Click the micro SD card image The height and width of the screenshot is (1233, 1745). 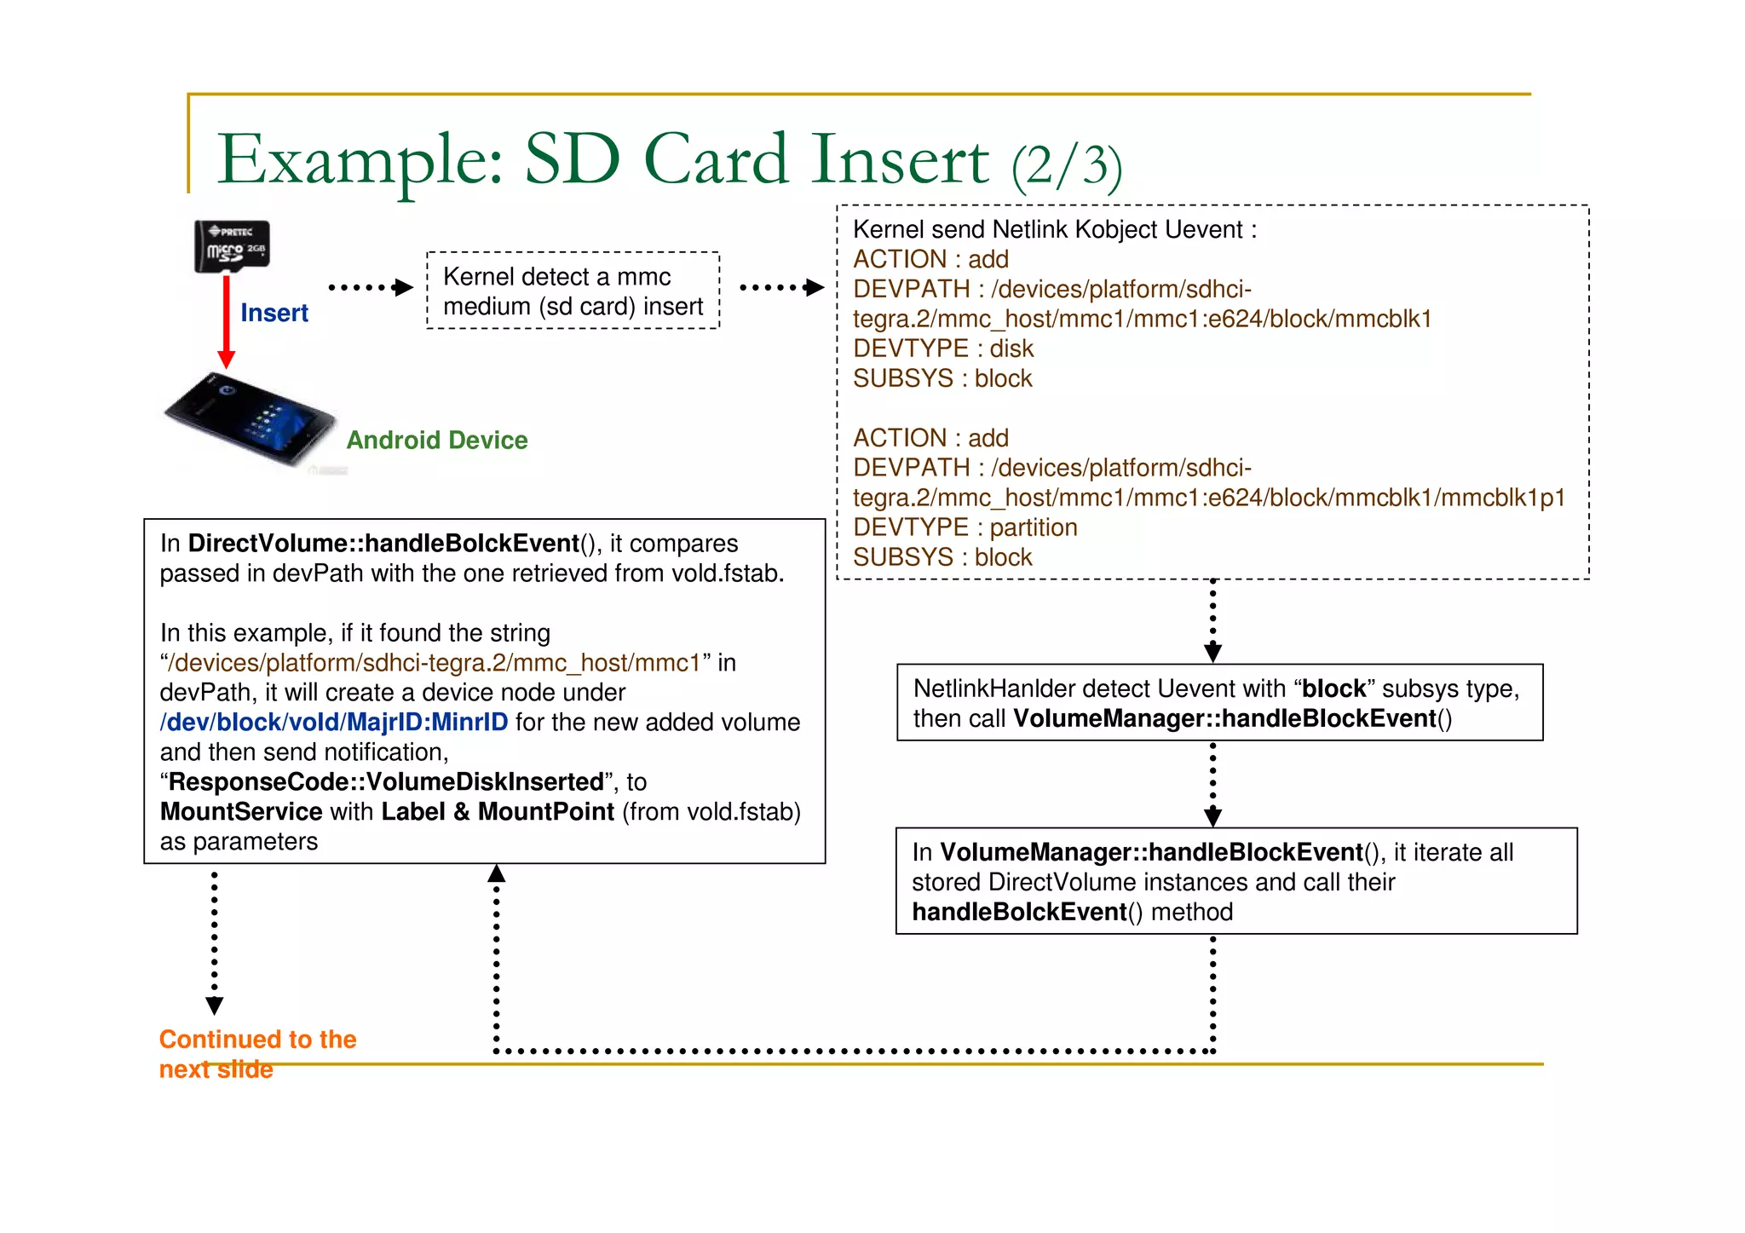[x=232, y=247]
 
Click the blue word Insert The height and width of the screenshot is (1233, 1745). [x=274, y=313]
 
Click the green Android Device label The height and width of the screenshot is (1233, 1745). [x=436, y=440]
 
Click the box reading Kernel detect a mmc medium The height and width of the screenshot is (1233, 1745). [x=573, y=291]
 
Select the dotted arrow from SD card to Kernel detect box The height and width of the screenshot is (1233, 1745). [x=370, y=288]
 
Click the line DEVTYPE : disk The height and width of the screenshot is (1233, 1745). [x=942, y=349]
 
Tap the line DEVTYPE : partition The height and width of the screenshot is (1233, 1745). [x=965, y=527]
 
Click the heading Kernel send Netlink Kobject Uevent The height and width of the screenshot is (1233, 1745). [x=1054, y=229]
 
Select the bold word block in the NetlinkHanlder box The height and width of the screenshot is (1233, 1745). [x=1333, y=689]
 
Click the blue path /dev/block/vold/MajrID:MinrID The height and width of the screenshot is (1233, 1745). [x=334, y=722]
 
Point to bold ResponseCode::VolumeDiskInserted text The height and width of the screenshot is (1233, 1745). [x=386, y=781]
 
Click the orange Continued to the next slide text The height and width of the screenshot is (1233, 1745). [x=256, y=1053]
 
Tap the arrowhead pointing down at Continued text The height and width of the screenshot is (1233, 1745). [x=215, y=1005]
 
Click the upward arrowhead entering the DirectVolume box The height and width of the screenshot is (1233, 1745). [x=497, y=873]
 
